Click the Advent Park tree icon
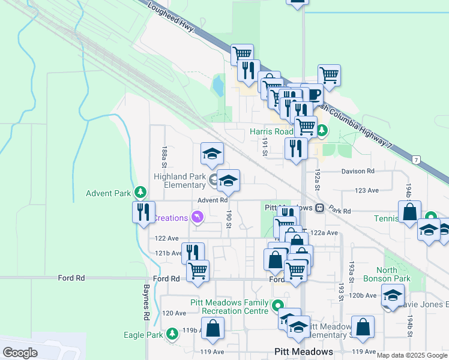click(140, 193)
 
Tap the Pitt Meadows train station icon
click(320, 208)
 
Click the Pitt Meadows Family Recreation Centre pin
click(277, 306)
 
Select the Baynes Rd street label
click(146, 304)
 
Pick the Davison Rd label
click(358, 172)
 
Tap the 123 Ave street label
click(367, 190)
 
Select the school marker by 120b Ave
click(393, 295)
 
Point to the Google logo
click(20, 353)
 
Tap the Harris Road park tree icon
click(322, 130)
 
